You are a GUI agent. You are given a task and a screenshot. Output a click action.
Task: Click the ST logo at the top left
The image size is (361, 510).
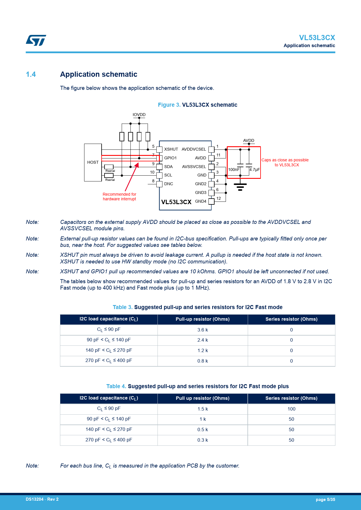point(36,40)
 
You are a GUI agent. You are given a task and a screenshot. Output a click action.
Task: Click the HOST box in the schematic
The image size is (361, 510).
point(93,162)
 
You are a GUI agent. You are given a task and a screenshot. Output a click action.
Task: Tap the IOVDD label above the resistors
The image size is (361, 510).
point(139,115)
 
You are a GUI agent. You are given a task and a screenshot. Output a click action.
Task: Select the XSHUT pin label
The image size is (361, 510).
point(171,149)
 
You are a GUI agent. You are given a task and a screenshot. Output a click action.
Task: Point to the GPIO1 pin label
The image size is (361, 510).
point(170,158)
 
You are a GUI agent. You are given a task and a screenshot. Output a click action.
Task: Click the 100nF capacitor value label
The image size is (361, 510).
point(234,170)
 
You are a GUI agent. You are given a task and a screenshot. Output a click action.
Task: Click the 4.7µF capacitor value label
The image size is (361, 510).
point(254,170)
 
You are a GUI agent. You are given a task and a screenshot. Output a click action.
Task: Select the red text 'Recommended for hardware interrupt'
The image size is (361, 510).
point(119,197)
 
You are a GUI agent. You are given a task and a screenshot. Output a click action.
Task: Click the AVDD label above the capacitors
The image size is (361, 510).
point(249,140)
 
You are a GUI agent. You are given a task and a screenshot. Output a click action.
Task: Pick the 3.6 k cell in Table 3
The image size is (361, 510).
point(203,330)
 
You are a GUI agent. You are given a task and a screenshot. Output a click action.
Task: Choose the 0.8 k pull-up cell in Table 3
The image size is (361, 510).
point(203,361)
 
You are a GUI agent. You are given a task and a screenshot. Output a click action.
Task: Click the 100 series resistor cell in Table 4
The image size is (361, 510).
point(291,409)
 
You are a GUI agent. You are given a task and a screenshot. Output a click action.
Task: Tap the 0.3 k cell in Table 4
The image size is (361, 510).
point(203,440)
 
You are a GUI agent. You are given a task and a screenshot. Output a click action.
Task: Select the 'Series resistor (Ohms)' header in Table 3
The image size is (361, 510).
point(291,319)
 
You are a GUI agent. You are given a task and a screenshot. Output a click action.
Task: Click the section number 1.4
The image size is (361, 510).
point(31,74)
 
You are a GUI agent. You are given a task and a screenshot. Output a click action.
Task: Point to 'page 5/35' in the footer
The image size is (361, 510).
point(325,500)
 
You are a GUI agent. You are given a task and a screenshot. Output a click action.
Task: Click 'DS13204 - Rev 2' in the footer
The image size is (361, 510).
point(42,499)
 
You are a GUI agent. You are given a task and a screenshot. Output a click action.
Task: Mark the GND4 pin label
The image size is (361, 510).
point(201,201)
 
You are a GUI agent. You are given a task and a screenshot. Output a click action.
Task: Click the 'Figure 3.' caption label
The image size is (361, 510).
point(169,105)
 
